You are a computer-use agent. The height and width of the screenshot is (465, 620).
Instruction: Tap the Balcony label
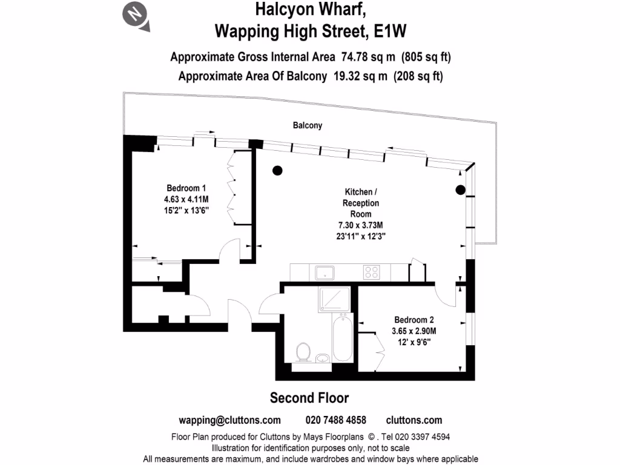308,126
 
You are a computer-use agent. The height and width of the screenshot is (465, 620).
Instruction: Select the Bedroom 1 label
186,188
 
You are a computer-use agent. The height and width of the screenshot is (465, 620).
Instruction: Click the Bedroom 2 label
414,320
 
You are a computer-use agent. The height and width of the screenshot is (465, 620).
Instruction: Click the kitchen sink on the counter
325,273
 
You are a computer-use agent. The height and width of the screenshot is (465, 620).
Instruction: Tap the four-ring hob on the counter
371,272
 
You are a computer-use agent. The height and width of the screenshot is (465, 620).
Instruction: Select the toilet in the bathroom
303,352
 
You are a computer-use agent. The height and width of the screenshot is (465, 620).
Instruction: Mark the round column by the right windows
460,190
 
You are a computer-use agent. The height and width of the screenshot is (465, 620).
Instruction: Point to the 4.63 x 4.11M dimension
186,199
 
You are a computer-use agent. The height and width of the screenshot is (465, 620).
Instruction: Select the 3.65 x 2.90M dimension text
414,331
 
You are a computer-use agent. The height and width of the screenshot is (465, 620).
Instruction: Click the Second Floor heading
309,398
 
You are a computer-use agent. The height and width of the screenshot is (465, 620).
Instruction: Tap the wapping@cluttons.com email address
229,420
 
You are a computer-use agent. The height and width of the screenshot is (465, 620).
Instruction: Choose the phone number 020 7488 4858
336,420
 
